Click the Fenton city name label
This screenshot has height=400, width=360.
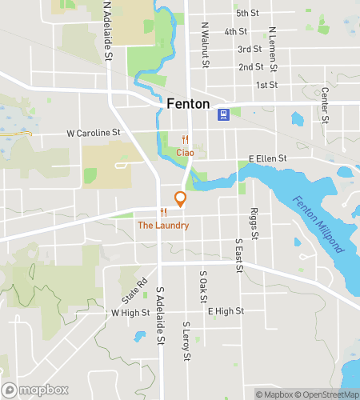(189, 104)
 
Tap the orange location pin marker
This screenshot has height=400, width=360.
(180, 199)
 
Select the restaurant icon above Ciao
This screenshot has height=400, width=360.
(185, 138)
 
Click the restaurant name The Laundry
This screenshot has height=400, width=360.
(163, 226)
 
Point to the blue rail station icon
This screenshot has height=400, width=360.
(223, 113)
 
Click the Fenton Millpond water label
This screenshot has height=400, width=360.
(319, 231)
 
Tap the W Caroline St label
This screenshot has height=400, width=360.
(93, 131)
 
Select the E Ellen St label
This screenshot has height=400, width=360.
(267, 159)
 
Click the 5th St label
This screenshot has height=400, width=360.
(247, 14)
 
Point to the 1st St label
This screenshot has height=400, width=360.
(266, 84)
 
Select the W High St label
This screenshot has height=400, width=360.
(131, 313)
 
